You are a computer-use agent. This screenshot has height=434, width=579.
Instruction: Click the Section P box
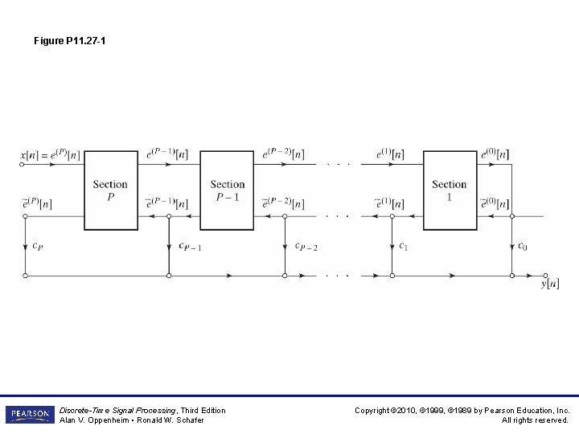[x=111, y=190]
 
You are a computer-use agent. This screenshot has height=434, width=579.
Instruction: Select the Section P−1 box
[x=227, y=190]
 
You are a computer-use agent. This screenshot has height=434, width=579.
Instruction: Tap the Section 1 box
[x=450, y=190]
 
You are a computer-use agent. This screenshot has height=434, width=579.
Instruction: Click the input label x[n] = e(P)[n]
[x=49, y=154]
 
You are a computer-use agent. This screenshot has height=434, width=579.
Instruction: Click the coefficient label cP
[x=37, y=246]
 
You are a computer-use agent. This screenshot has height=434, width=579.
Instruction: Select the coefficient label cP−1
[x=190, y=246]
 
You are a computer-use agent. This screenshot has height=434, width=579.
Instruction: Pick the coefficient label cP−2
[x=306, y=246]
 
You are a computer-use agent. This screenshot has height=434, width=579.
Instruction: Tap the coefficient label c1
[x=404, y=246]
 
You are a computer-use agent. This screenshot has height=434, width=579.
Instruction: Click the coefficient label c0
[x=523, y=246]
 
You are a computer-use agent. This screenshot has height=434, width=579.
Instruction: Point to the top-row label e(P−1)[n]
[x=169, y=154]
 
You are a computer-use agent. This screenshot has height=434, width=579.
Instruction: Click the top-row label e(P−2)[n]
[x=283, y=154]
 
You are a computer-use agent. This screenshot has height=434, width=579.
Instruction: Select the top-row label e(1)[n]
[x=390, y=154]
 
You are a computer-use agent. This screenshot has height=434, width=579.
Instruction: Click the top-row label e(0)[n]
[x=495, y=154]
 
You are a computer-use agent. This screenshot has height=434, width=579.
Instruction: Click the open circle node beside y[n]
[x=546, y=276]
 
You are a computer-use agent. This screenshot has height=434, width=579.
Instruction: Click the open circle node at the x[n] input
[x=23, y=164]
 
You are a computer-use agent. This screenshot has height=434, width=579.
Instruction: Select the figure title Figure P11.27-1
[x=70, y=39]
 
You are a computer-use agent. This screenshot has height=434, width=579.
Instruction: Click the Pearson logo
[x=30, y=415]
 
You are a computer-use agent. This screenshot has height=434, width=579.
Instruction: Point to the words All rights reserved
[x=535, y=420]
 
